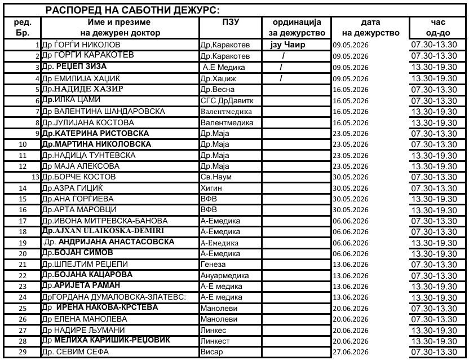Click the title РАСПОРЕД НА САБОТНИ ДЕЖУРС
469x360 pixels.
point(132,10)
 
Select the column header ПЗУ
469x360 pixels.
point(231,22)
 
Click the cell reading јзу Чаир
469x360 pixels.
point(288,44)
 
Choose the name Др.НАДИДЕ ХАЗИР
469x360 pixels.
point(83,89)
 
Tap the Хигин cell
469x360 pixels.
point(211,188)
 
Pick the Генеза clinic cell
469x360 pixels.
point(213,264)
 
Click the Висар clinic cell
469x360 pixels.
point(211,352)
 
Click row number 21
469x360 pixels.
point(23,264)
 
